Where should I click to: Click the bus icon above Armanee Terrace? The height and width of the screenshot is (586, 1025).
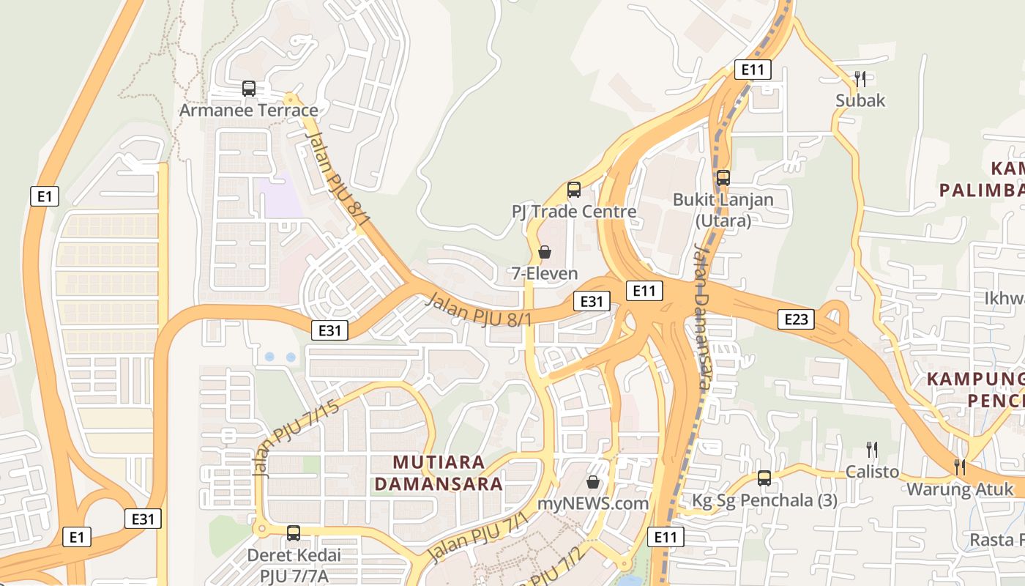point(249,89)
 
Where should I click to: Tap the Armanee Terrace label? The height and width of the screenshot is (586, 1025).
point(249,111)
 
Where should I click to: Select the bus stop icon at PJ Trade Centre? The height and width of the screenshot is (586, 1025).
point(574,190)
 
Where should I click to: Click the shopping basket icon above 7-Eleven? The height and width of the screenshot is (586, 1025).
point(545,252)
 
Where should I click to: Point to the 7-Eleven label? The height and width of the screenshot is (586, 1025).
point(545,274)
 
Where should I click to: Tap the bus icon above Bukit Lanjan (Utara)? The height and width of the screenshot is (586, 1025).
point(723,177)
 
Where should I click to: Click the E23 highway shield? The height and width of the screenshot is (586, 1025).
point(796,319)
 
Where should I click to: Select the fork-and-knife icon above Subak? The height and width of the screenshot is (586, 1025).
point(860,78)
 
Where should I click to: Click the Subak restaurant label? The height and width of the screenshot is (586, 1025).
point(860,100)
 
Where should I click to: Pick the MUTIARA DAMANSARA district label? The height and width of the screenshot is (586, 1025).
point(448,473)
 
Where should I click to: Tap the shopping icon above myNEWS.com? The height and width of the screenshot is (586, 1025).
point(593,482)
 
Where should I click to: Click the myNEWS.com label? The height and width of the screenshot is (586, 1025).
point(593,504)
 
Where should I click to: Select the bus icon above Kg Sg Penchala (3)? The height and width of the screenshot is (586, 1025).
point(764,478)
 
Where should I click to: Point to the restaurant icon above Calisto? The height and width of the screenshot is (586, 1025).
point(872,449)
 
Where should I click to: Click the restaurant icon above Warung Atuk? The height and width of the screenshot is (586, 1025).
point(960,467)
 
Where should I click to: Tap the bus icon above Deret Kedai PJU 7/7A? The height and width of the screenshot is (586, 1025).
point(294,533)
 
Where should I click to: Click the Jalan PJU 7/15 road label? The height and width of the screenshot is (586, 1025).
point(297,438)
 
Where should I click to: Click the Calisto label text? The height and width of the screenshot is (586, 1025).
point(872,472)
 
